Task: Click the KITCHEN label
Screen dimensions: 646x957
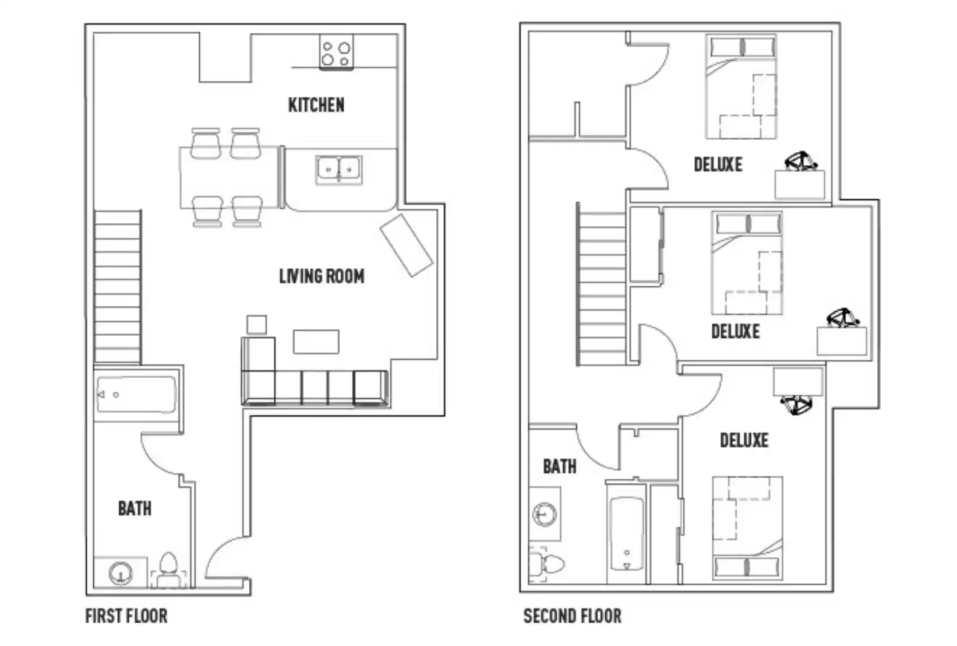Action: [x=316, y=105]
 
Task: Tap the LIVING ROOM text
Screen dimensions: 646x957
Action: [x=322, y=276]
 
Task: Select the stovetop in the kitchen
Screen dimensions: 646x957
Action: [x=336, y=53]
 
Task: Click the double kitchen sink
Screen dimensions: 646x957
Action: [x=338, y=170]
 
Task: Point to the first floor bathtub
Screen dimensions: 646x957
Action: [x=136, y=395]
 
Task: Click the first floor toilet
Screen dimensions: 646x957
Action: [x=168, y=568]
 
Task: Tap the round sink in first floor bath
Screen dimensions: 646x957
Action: [x=121, y=573]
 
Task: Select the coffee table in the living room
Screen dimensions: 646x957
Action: [x=316, y=342]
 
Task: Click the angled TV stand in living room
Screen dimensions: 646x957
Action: [x=406, y=245]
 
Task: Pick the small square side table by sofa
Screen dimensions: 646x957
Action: [x=256, y=325]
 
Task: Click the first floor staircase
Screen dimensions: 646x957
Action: [x=118, y=287]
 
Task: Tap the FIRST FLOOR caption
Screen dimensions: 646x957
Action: [x=126, y=616]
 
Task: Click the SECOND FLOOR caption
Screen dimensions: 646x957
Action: [x=572, y=616]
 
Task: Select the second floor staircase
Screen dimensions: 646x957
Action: [x=602, y=287]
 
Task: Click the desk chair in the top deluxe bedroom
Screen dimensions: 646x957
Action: [x=800, y=161]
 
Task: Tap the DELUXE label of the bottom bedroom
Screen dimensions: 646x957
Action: [x=744, y=440]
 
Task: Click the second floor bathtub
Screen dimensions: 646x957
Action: [x=627, y=533]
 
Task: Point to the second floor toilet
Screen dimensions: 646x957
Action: [x=548, y=564]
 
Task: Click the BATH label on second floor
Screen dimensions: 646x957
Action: [x=559, y=466]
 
